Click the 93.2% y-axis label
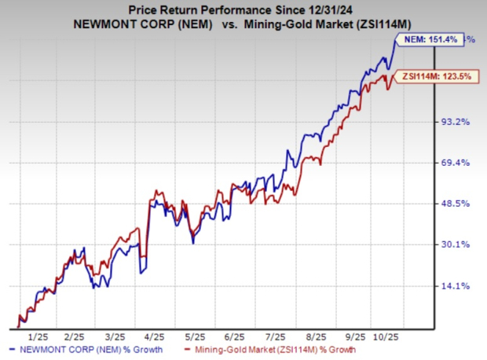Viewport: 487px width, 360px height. pyautogui.click(x=456, y=121)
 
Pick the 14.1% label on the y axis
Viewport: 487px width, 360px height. pyautogui.click(x=456, y=285)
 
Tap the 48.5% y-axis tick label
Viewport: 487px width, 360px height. pyautogui.click(x=456, y=204)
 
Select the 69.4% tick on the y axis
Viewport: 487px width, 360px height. pyautogui.click(x=456, y=162)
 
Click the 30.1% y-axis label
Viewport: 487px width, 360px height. pyautogui.click(x=456, y=244)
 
